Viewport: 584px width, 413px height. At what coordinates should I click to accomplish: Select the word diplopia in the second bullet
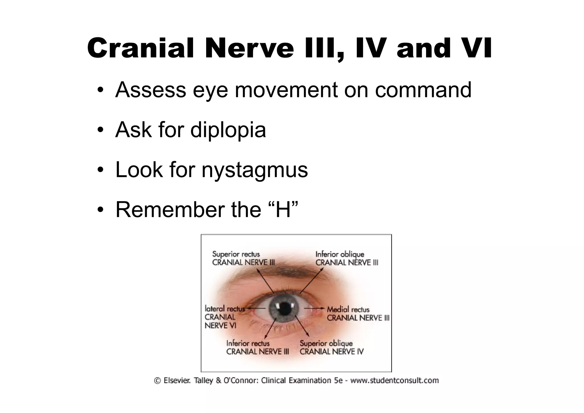coord(228,130)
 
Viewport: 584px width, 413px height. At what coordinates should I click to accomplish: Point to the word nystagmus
coord(254,170)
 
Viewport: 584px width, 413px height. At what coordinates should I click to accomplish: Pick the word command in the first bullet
coord(423,90)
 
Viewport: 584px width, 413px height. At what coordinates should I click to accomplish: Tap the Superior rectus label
coord(236,254)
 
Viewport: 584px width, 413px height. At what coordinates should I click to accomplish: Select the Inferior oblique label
coord(340,254)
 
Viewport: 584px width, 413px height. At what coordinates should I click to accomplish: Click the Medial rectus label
coord(348,309)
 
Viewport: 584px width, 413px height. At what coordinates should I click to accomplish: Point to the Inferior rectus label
coord(248,343)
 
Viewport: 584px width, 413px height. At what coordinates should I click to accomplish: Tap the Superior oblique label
coord(326,343)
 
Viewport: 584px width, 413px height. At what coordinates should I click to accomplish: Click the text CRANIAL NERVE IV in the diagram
coord(332,352)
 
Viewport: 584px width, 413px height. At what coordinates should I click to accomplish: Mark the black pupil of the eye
coord(284,308)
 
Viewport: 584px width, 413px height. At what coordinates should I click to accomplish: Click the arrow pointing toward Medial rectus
coord(314,308)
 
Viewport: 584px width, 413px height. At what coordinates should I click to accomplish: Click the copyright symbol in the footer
coord(157,381)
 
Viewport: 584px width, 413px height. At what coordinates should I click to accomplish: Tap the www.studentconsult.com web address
coord(394,380)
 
